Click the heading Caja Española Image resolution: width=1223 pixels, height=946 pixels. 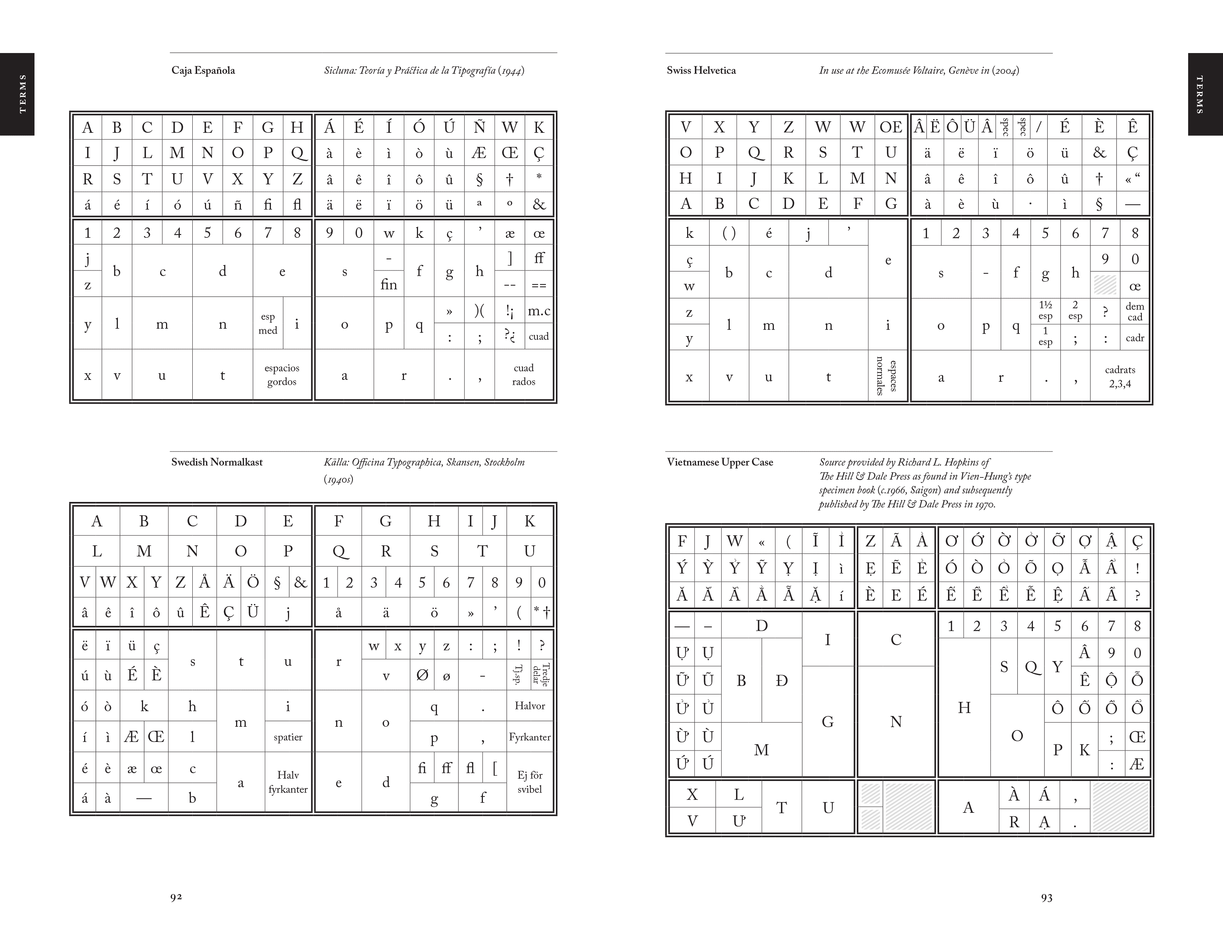coord(203,70)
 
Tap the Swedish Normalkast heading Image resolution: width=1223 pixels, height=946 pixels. coord(217,462)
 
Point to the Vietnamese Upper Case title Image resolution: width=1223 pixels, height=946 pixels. coord(720,462)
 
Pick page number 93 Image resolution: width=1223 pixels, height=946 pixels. coord(1046,898)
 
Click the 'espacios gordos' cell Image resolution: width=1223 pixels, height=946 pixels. coord(282,375)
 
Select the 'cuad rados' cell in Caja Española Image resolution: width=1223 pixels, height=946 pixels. coord(524,375)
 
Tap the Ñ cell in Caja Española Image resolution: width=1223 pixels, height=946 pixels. coord(479,127)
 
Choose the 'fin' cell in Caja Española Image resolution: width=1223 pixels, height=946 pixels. coord(389,285)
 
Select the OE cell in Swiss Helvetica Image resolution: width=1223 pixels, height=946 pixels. coord(890,127)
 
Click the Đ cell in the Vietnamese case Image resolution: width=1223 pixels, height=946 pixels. coord(781,680)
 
